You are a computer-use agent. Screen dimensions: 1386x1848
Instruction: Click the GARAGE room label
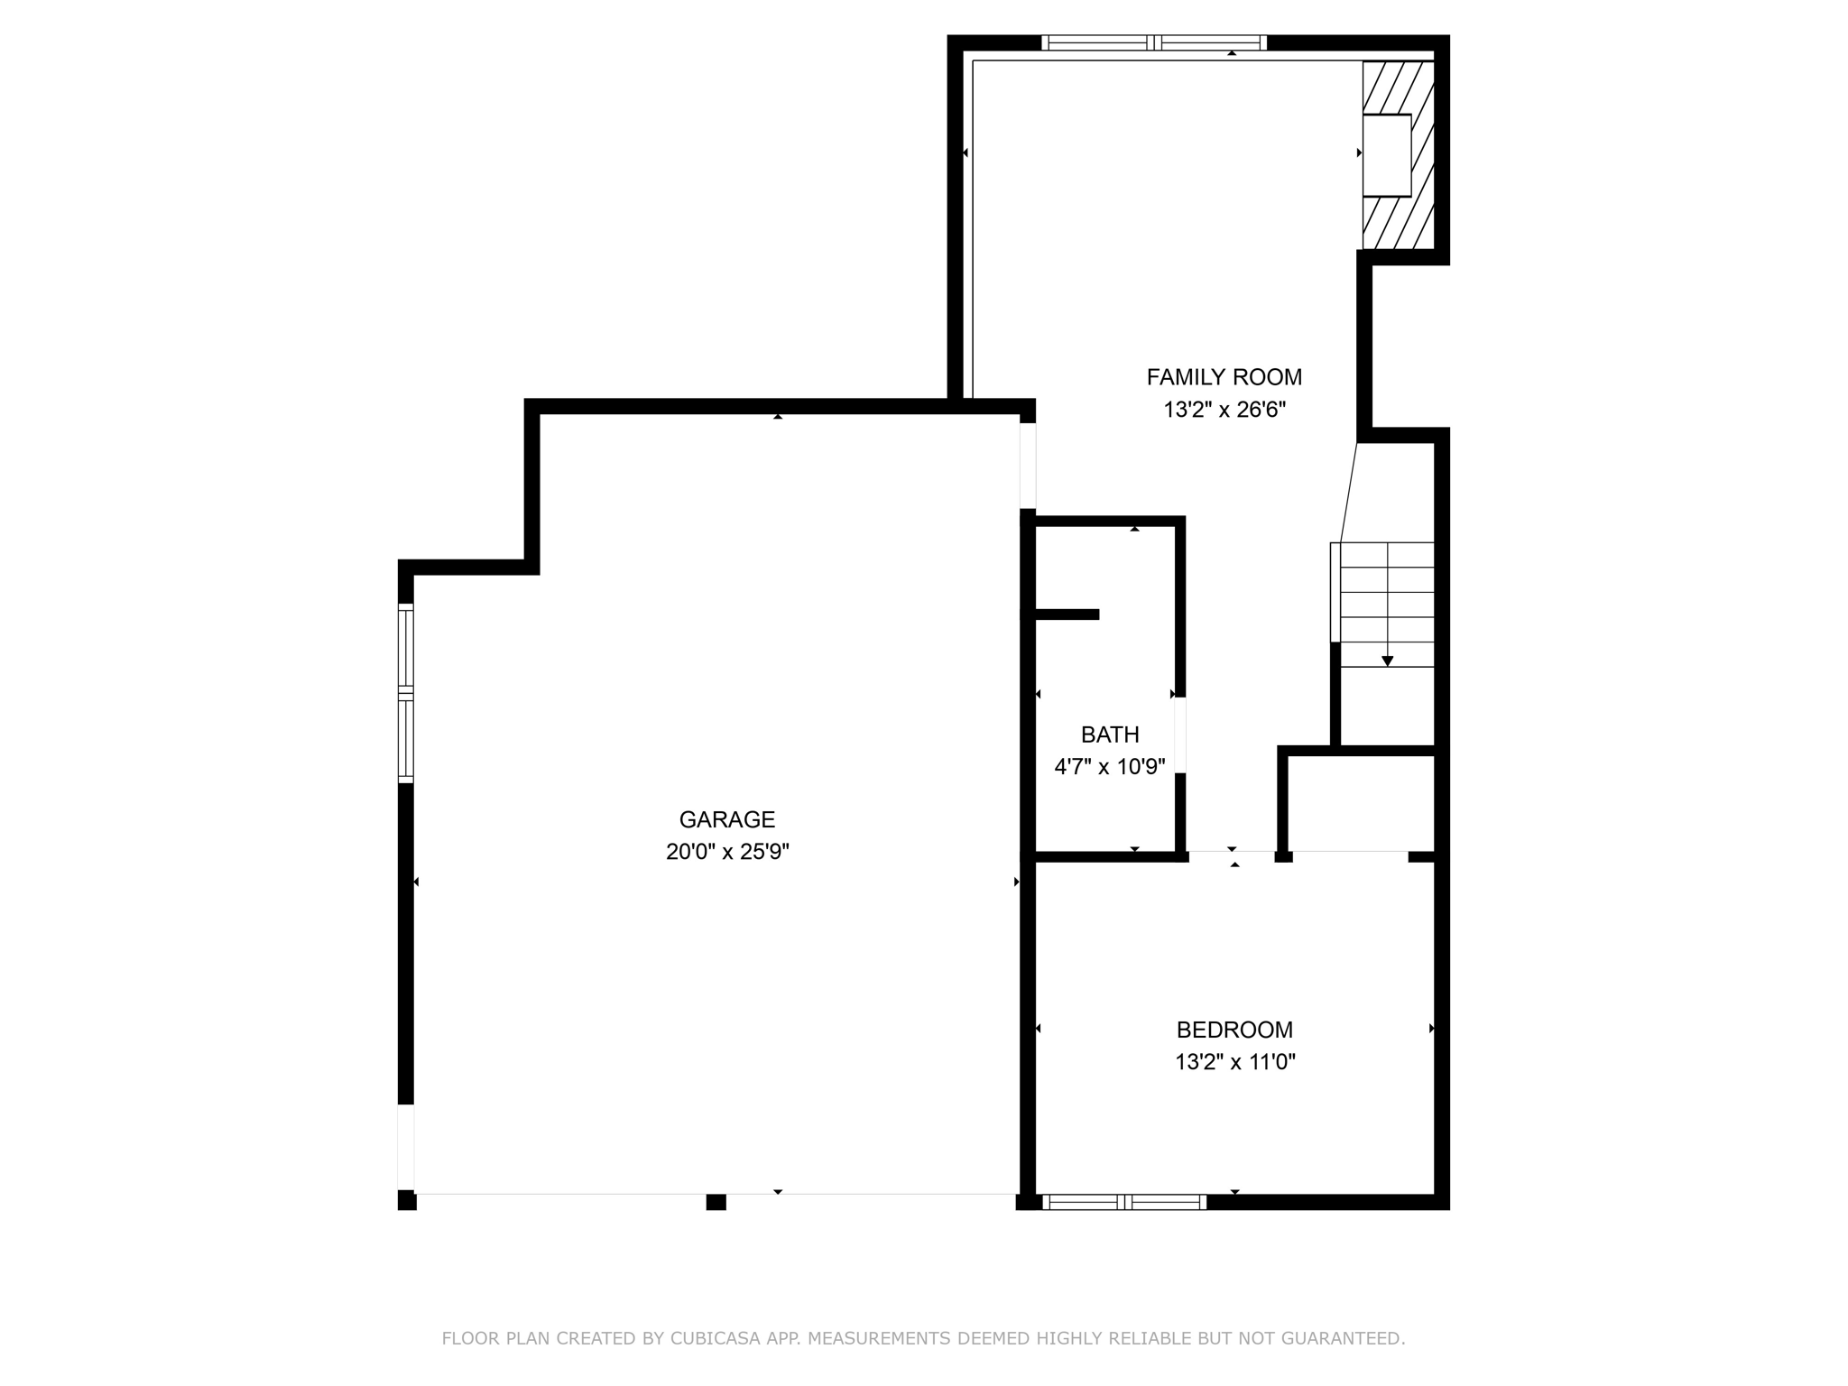point(726,819)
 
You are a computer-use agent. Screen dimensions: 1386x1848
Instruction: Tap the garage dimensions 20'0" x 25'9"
point(727,852)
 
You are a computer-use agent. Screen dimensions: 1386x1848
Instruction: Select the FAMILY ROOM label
point(1224,377)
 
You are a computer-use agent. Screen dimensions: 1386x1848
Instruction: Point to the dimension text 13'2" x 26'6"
point(1224,410)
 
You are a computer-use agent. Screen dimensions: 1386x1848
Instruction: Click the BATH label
point(1110,735)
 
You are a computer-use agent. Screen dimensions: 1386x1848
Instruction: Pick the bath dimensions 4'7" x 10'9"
point(1110,767)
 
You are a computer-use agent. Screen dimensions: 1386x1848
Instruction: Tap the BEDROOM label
point(1234,1030)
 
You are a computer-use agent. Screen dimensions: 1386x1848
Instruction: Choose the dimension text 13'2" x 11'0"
point(1234,1062)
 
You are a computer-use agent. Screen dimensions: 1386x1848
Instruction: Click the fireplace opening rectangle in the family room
point(1386,155)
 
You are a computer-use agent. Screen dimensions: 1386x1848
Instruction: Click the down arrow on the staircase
point(1387,661)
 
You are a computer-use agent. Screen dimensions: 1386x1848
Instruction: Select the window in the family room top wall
point(1154,42)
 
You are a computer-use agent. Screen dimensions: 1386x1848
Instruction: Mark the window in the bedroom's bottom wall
point(1124,1202)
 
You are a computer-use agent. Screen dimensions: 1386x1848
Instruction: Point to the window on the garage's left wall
point(406,693)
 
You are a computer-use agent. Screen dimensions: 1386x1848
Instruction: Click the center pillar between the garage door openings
point(716,1202)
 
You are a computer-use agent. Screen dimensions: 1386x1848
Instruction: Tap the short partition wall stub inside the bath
point(1067,614)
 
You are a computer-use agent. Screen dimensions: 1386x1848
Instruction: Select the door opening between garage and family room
point(1028,466)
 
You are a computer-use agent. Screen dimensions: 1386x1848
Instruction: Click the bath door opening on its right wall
point(1179,735)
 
